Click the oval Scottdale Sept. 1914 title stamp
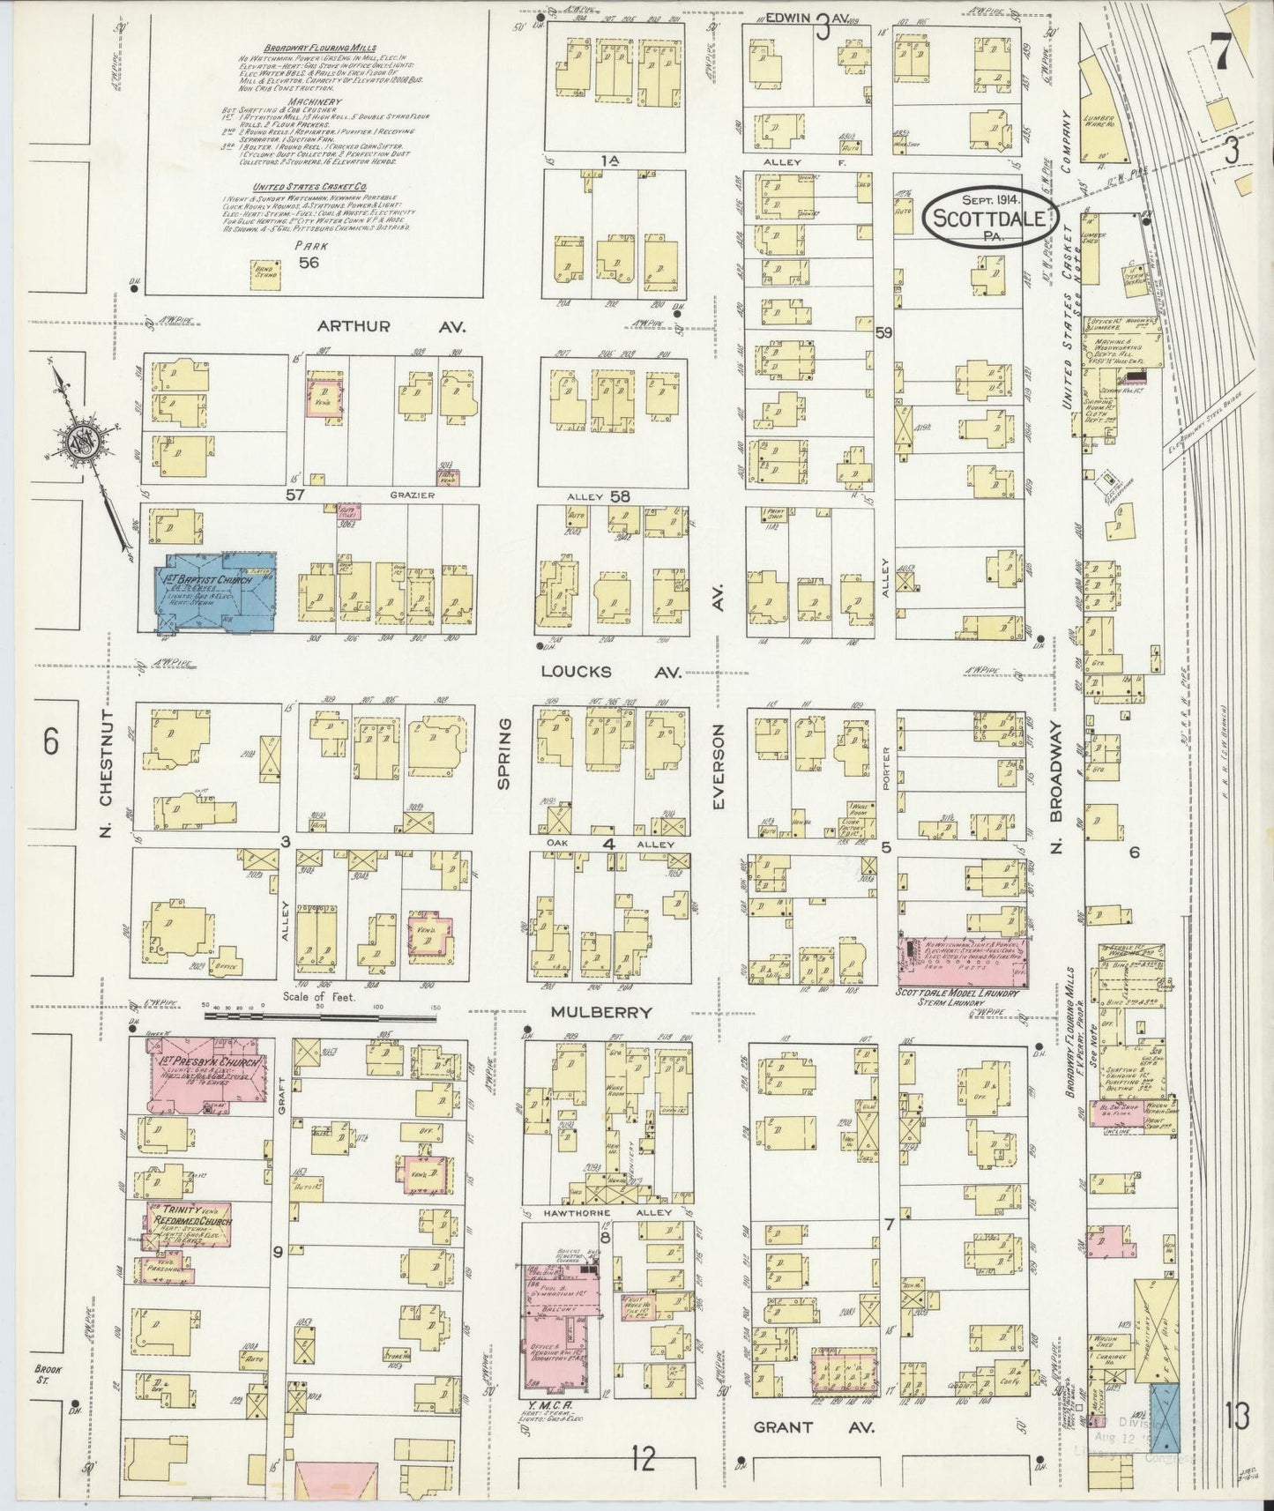pos(991,218)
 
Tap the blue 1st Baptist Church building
pos(216,591)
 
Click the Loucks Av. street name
pos(610,672)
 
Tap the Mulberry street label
pos(601,1012)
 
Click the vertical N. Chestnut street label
pos(106,771)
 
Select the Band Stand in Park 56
pos(265,269)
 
